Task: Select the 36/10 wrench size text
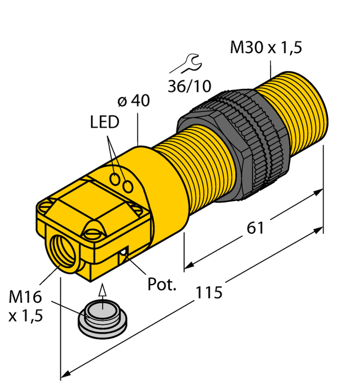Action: [190, 86]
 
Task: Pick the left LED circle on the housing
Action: [117, 178]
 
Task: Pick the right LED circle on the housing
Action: [129, 185]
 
